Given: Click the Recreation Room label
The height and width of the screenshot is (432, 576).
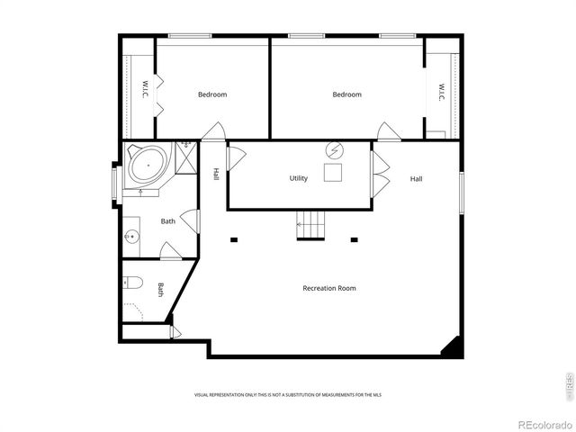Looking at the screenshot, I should (x=328, y=288).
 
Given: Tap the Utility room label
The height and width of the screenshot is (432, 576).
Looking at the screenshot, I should (x=299, y=178).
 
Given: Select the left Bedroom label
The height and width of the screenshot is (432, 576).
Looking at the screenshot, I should (x=212, y=94).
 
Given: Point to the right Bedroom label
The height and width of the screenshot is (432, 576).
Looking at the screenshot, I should (x=346, y=94).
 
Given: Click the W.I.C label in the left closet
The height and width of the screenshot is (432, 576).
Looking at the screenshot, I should (x=145, y=91).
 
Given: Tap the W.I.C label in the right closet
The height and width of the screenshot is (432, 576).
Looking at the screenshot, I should (x=442, y=92).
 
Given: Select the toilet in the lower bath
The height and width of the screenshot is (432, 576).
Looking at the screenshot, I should (x=132, y=283).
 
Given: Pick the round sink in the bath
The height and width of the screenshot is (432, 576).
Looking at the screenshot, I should (x=131, y=238).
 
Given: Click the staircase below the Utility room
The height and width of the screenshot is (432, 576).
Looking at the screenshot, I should (x=310, y=224).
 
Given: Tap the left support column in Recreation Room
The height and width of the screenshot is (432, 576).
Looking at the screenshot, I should (x=233, y=239).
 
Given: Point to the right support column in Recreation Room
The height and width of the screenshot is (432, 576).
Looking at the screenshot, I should (x=355, y=239).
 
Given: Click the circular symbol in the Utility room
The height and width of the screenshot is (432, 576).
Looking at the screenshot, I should (x=334, y=149).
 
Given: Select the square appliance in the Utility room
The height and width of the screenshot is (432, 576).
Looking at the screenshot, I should (x=334, y=174).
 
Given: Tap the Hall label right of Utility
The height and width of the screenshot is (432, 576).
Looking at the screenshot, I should (x=417, y=178).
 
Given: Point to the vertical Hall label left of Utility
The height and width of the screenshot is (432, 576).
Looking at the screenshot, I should (x=216, y=174).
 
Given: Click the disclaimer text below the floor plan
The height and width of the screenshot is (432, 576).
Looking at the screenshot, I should (x=288, y=395).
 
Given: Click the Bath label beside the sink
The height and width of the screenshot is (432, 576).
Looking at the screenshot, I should (x=168, y=220).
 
